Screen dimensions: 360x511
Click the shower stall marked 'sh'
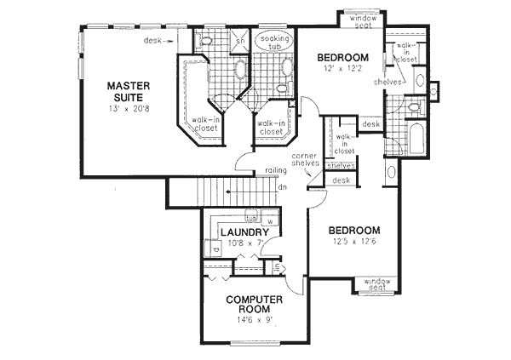239,41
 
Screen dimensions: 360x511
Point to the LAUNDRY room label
246,231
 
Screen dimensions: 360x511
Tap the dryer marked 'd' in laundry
210,253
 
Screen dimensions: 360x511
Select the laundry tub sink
251,215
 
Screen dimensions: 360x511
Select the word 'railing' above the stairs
274,170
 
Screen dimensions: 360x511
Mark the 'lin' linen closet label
277,267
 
